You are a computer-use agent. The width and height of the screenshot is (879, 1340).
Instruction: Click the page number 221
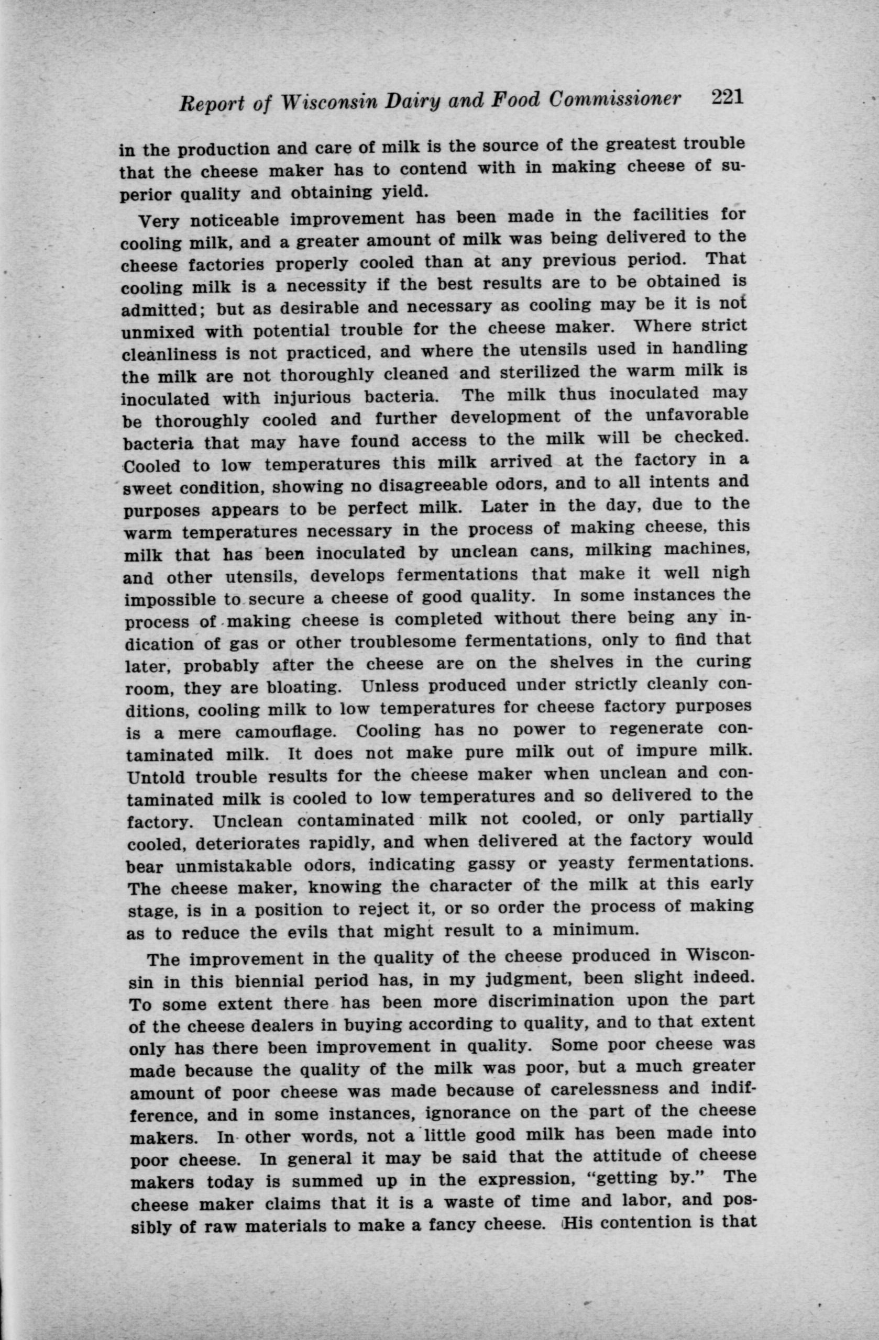728,97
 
